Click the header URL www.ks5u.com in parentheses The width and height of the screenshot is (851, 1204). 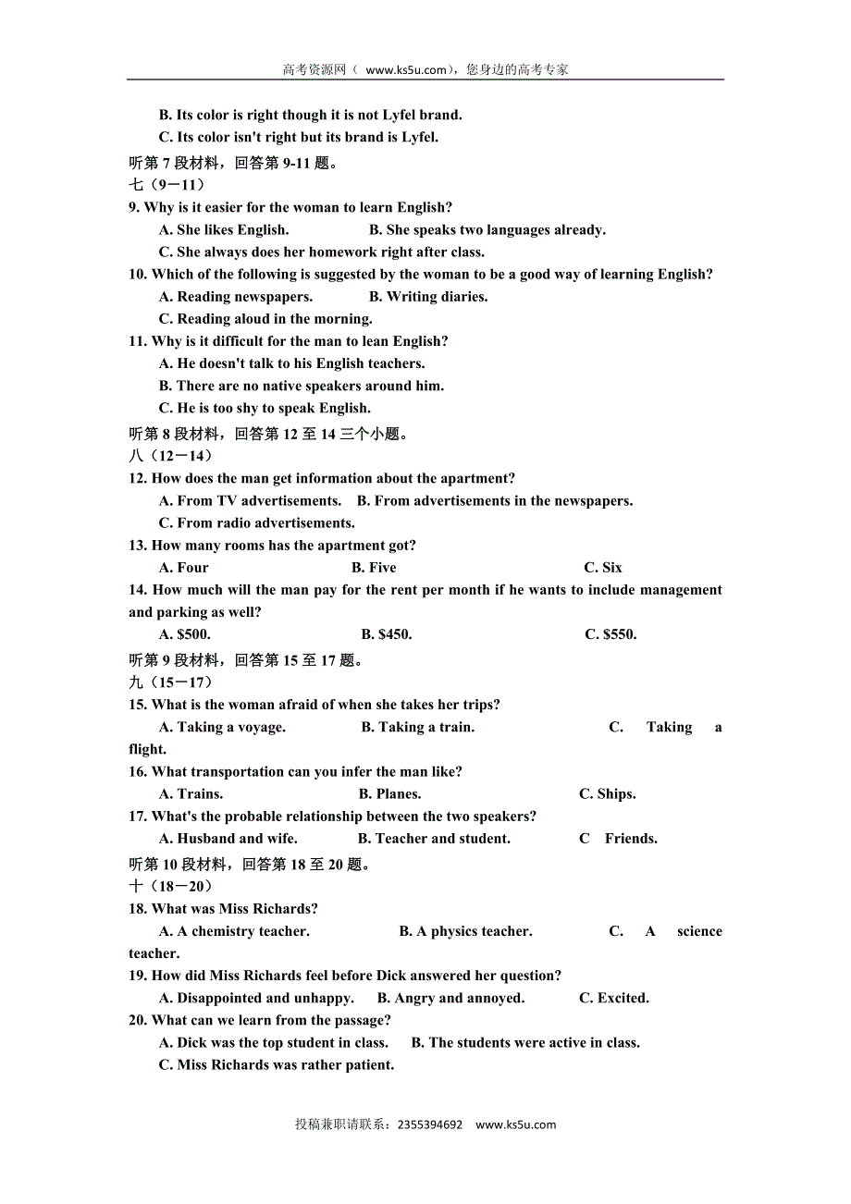[x=407, y=69]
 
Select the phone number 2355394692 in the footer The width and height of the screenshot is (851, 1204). [x=429, y=1124]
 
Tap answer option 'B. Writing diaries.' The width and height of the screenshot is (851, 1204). [x=428, y=297]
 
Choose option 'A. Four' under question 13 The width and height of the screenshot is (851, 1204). [x=184, y=568]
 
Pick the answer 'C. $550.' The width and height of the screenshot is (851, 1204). [x=610, y=634]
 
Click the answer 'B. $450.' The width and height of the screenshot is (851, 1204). [x=387, y=634]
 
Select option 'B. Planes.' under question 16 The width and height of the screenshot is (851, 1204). [x=389, y=793]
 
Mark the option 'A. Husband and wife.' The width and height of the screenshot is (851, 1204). [x=228, y=839]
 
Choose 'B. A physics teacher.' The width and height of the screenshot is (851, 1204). [x=465, y=931]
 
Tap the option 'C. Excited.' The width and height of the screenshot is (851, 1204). [x=614, y=998]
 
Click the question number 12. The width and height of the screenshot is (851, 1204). [x=138, y=478]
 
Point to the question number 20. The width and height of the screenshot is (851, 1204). [x=138, y=1020]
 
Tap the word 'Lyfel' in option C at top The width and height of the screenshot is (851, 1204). [x=418, y=137]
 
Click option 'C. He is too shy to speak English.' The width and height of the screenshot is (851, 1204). [x=265, y=408]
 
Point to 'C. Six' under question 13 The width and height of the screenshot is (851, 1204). [x=603, y=568]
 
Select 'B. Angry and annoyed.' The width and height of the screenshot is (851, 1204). [x=450, y=998]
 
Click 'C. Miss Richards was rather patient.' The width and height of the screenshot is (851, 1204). [x=277, y=1064]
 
